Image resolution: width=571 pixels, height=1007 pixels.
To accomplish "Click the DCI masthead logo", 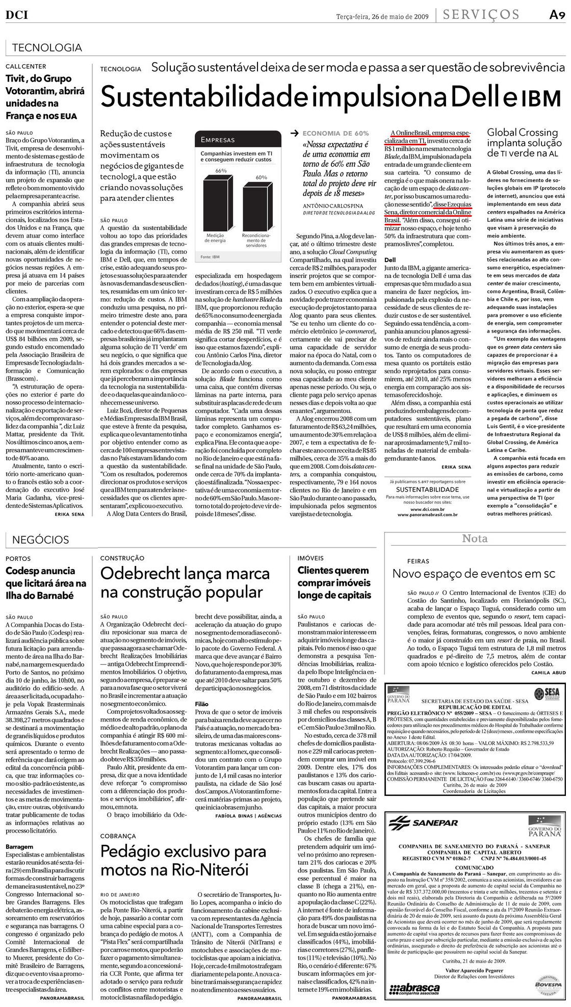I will coord(16,15).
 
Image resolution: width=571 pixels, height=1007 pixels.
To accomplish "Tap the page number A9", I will coord(557,15).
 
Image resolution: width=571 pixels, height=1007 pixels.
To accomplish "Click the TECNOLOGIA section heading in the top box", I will coord(46,48).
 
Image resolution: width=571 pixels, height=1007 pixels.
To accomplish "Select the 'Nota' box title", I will coord(474,538).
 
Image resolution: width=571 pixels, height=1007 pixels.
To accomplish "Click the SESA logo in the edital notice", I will coord(544,694).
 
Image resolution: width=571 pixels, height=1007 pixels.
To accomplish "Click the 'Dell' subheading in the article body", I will coord(390,260).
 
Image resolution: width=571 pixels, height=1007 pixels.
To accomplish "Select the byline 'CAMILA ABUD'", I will coord(549,673).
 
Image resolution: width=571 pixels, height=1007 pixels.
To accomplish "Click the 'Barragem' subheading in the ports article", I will coord(19,846).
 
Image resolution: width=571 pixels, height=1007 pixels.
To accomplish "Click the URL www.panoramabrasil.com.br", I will coord(427,515).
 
